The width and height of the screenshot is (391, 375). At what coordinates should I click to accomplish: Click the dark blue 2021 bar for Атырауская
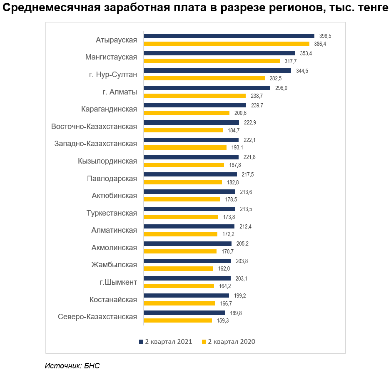pyautogui.click(x=229, y=36)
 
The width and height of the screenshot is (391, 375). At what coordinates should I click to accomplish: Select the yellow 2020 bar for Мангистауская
pyautogui.click(x=212, y=61)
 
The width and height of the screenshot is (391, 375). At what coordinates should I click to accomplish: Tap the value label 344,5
pyautogui.click(x=302, y=71)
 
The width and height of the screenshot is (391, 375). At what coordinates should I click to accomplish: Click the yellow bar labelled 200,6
pyautogui.click(x=187, y=113)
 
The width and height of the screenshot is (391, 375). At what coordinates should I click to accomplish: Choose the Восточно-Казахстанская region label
pyautogui.click(x=94, y=127)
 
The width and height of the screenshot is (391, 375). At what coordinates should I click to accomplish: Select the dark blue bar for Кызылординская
pyautogui.click(x=191, y=157)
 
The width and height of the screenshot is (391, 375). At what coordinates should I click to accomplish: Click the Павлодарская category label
pyautogui.click(x=112, y=179)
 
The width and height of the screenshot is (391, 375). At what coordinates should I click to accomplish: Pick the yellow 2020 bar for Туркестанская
pyautogui.click(x=181, y=217)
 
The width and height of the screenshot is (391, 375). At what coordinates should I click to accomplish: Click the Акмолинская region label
pyautogui.click(x=114, y=248)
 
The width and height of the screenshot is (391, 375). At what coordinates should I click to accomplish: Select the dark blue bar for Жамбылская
pyautogui.click(x=187, y=261)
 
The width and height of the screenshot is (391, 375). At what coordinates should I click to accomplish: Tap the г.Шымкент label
pyautogui.click(x=119, y=282)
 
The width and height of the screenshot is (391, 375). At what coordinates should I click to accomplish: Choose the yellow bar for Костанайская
pyautogui.click(x=179, y=303)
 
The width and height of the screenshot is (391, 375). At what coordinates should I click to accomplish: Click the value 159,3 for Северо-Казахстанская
pyautogui.click(x=223, y=321)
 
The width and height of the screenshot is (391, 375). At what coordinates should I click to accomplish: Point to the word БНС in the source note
pyautogui.click(x=92, y=366)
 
